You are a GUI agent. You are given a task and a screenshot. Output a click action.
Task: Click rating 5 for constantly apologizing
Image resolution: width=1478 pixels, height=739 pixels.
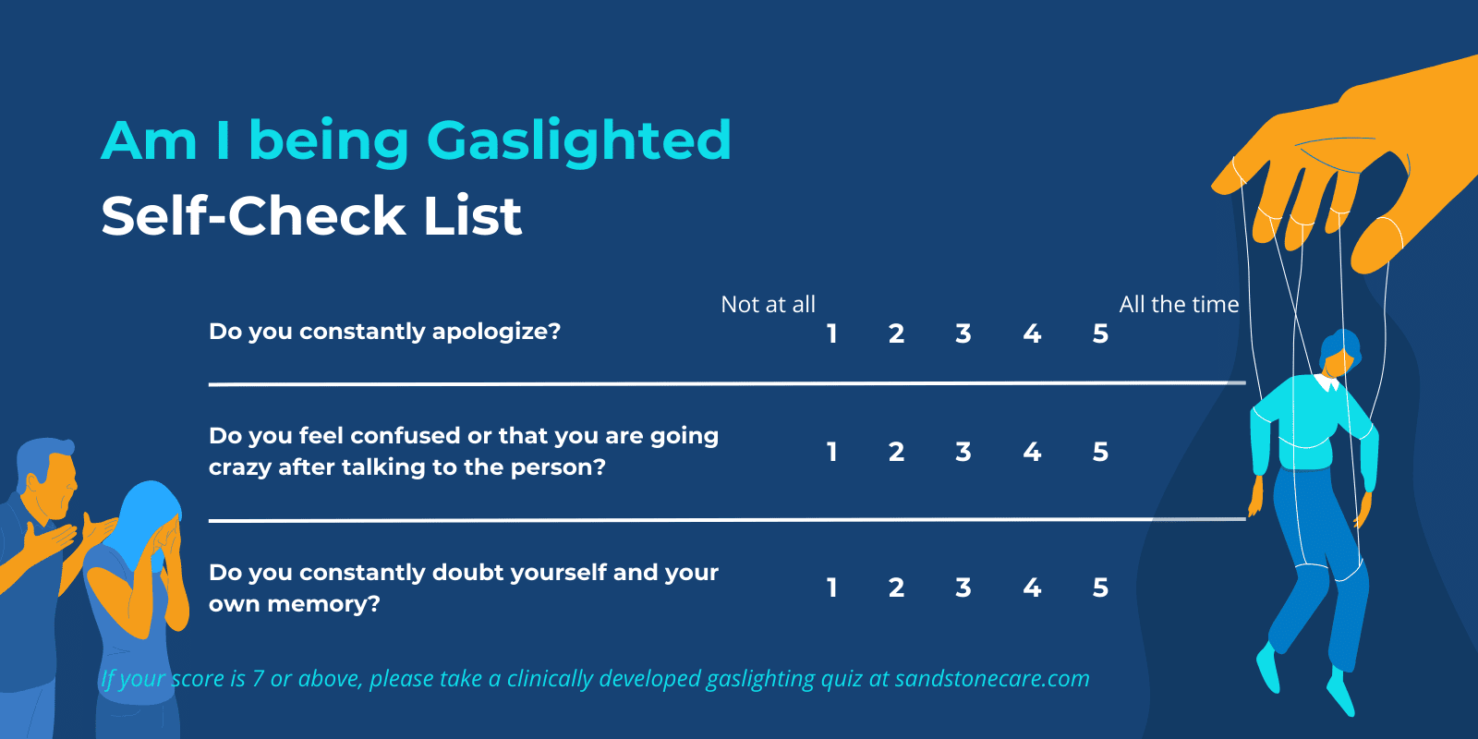(x=1100, y=333)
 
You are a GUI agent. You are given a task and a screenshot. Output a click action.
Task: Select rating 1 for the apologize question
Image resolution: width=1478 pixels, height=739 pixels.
(x=832, y=333)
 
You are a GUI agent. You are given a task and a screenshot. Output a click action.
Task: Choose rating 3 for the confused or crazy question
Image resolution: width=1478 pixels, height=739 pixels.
(x=963, y=452)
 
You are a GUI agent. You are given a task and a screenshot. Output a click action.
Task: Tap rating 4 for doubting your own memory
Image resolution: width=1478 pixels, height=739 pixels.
(x=1032, y=588)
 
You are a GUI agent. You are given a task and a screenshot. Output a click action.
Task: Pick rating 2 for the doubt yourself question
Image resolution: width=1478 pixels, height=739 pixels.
(x=896, y=588)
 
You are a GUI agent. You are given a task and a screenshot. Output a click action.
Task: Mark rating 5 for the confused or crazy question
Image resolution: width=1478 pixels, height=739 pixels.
(x=1100, y=452)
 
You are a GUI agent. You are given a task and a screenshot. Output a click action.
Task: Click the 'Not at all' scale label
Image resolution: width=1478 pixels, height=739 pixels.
(x=768, y=305)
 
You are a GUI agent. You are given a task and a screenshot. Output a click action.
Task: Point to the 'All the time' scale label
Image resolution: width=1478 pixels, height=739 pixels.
(x=1179, y=305)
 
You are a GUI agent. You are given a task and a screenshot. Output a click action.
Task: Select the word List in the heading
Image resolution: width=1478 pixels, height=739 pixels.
(x=472, y=216)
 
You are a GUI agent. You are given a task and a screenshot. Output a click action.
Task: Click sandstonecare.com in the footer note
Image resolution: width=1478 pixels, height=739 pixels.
(x=992, y=679)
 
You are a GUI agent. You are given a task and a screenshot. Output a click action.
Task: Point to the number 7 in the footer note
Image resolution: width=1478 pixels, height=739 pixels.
(x=258, y=680)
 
